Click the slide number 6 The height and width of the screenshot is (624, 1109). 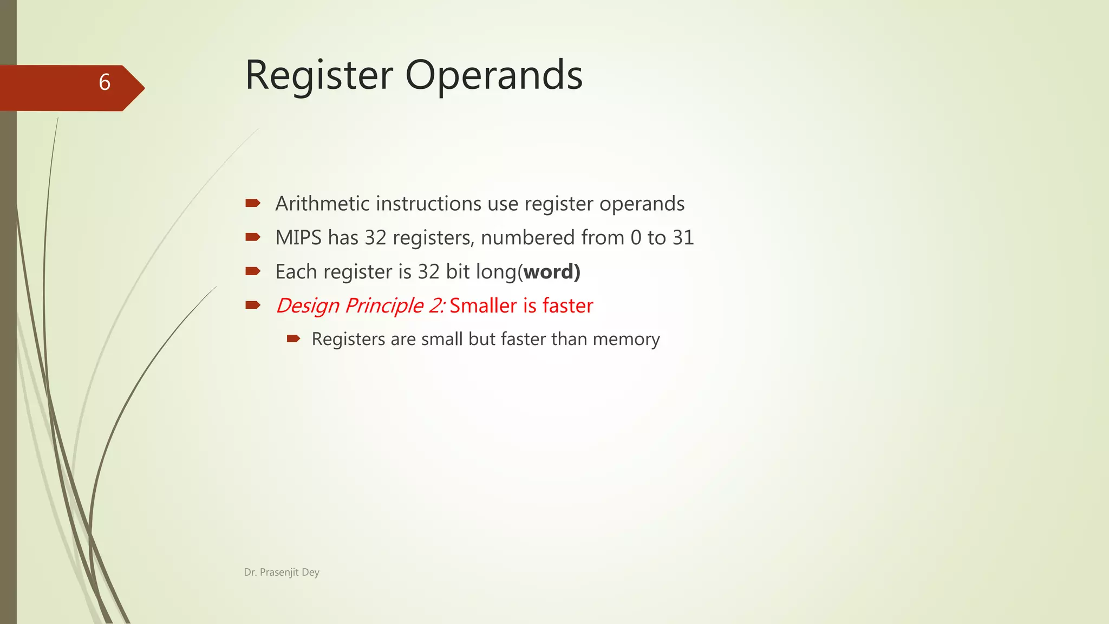point(105,82)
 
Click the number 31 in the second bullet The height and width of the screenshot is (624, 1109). point(683,238)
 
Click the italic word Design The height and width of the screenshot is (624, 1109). point(308,306)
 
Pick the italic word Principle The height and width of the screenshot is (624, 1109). point(384,306)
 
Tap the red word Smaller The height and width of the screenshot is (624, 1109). point(483,306)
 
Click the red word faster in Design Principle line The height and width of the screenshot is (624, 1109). point(567,306)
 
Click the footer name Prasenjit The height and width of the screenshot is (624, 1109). point(279,573)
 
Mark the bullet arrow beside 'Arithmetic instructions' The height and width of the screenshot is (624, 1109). point(253,203)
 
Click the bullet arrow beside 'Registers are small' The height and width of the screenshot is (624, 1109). point(293,339)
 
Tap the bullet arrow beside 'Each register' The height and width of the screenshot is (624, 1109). point(253,271)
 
